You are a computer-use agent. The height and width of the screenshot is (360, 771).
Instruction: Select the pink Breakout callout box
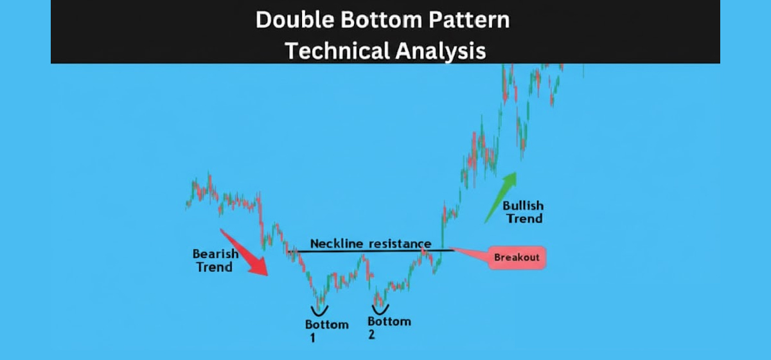coord(516,258)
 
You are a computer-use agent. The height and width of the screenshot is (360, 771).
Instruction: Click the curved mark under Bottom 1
coord(319,310)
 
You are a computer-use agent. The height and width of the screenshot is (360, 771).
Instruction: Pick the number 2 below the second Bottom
coord(371,335)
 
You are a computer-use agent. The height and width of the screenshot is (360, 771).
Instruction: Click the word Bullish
coord(523,206)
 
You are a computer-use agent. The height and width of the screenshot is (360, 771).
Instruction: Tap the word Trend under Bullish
coord(524,219)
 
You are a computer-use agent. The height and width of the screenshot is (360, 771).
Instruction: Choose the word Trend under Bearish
coord(214,266)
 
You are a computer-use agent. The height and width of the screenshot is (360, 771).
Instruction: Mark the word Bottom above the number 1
coord(327,324)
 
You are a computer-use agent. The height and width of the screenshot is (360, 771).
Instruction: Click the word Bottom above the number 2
coord(389,321)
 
